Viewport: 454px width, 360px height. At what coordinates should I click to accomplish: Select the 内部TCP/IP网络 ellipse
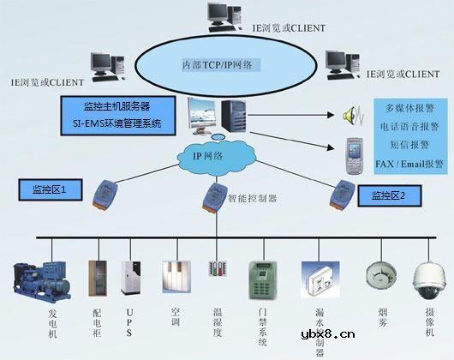pos(221,64)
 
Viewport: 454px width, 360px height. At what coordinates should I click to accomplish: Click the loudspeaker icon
pos(349,115)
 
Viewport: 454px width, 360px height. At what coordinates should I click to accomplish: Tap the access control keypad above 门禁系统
pos(260,279)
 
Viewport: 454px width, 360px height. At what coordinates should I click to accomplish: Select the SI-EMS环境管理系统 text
pos(117,123)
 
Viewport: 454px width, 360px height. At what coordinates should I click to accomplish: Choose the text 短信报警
pos(410,144)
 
